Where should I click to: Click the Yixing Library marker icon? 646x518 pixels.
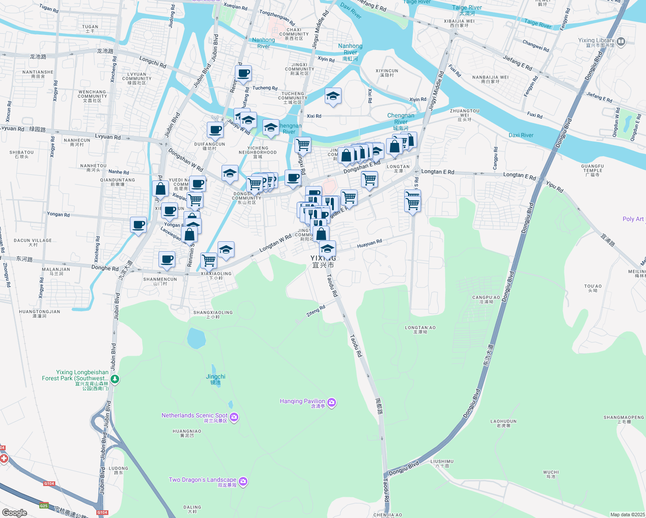pos(621,42)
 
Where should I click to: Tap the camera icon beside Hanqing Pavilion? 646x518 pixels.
pos(332,402)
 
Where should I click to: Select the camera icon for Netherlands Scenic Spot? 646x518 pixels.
pos(234,417)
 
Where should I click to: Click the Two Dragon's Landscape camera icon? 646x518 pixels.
pos(243,481)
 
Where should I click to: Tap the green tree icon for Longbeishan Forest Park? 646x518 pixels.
pos(115,379)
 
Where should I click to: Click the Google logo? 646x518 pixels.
pos(15,512)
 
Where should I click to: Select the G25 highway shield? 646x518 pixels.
pos(44,505)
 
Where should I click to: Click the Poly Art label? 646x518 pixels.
pos(633,219)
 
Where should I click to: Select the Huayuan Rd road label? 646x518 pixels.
pos(369,244)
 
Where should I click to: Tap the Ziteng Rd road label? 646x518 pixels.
pos(316,311)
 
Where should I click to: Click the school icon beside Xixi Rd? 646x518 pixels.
pos(333,96)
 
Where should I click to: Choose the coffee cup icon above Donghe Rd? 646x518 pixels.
pos(167,259)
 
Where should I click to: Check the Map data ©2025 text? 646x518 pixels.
pos(627,514)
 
